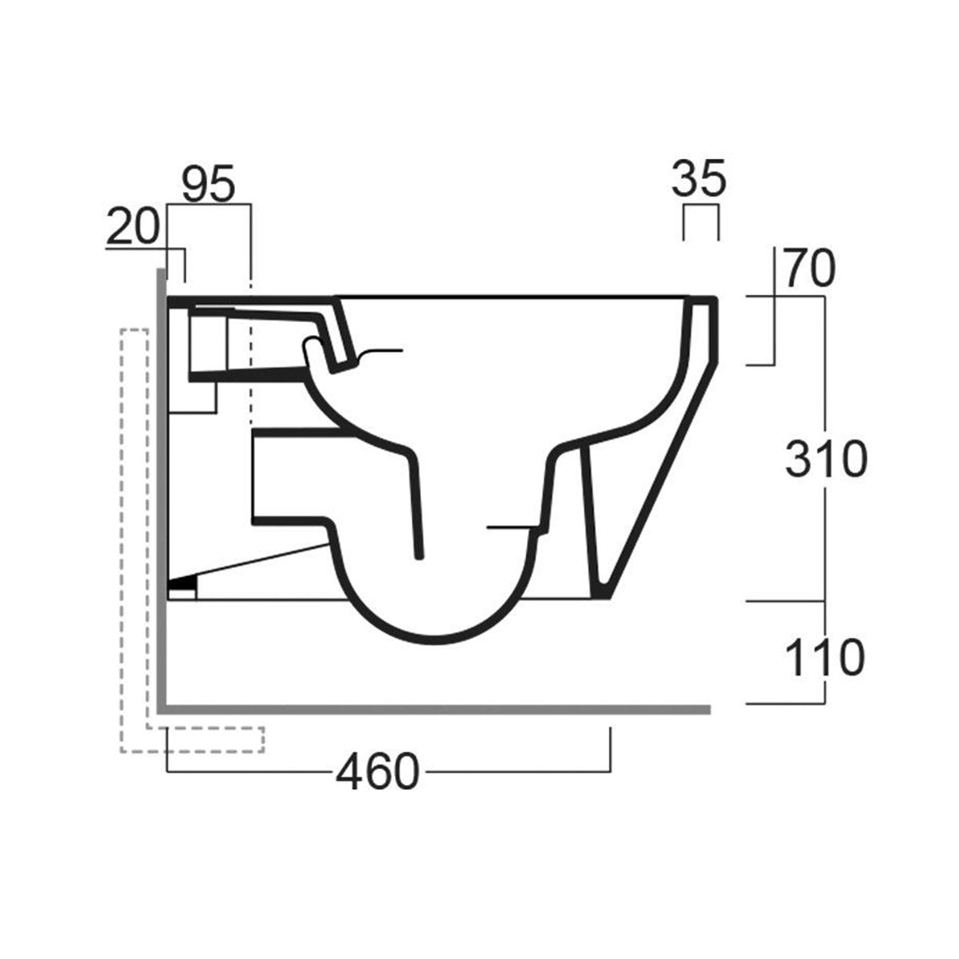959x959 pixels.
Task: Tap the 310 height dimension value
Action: tap(825, 460)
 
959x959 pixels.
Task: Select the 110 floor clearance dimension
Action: tap(825, 657)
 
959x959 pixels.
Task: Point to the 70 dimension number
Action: tap(808, 269)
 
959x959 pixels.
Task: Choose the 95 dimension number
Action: tap(208, 185)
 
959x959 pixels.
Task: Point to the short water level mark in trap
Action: tap(511, 527)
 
